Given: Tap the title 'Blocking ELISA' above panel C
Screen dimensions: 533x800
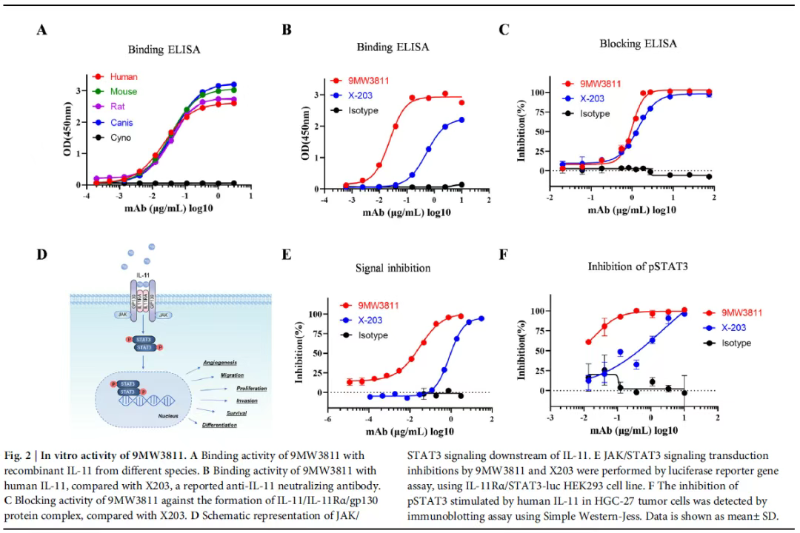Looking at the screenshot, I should [638, 44].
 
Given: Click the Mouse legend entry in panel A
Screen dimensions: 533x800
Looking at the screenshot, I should [124, 92].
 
